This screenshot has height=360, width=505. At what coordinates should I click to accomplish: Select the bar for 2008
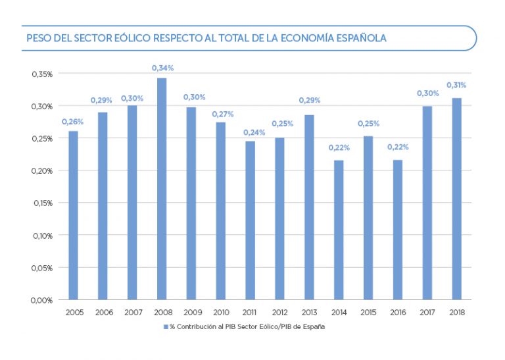point(162,188)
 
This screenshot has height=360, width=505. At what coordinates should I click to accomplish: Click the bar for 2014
point(339,230)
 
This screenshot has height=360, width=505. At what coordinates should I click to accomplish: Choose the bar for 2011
point(250,220)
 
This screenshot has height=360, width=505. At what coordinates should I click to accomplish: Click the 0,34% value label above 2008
point(162,68)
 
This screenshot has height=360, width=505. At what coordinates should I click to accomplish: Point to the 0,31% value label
point(456,85)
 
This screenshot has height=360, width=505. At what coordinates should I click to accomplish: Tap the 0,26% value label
point(72,121)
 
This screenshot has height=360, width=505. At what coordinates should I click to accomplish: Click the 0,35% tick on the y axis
point(41,74)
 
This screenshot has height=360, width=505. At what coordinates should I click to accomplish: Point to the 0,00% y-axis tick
point(41,300)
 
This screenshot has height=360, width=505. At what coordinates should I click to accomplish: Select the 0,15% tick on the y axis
point(41,203)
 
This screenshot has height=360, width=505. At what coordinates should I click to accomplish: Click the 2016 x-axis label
point(397,312)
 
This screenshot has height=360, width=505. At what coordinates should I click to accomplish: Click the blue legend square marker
point(166,326)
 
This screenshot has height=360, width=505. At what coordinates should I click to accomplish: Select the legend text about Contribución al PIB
point(247,326)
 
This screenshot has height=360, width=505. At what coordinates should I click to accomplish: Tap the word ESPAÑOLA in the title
point(360,38)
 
